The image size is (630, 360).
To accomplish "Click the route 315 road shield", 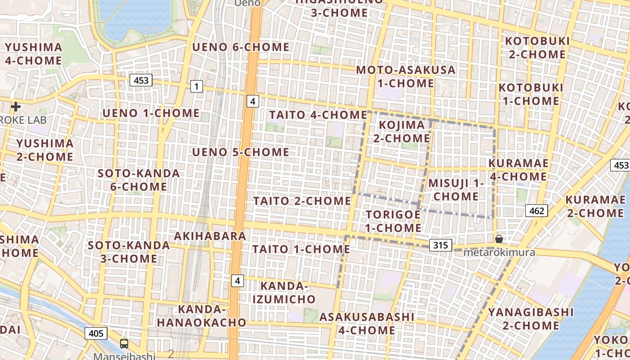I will (441, 245).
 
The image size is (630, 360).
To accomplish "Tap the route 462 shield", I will (536, 211).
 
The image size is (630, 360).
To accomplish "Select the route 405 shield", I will (96, 333).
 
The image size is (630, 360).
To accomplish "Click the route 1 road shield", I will (196, 86).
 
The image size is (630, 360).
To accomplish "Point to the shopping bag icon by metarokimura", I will (499, 238).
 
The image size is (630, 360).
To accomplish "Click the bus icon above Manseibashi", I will (124, 344).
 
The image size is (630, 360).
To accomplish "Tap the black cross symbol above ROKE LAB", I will (16, 107).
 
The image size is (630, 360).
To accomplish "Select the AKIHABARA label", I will (210, 236).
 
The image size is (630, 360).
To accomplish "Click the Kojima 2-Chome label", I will (401, 131).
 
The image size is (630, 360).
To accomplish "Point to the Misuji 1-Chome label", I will (456, 190).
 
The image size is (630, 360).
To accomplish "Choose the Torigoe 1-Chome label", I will (393, 221).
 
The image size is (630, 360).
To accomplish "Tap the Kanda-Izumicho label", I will (283, 292).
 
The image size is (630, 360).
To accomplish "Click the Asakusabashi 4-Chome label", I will (366, 323).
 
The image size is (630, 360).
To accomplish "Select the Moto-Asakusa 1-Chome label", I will (405, 76).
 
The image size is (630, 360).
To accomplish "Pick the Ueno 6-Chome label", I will (241, 47).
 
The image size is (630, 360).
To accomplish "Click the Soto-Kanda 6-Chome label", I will (139, 180).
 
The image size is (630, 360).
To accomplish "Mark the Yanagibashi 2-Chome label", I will (531, 319).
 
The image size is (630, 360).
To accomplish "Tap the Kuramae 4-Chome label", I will (518, 170).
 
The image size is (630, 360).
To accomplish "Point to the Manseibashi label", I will (124, 356).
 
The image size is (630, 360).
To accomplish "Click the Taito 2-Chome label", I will (302, 201).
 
